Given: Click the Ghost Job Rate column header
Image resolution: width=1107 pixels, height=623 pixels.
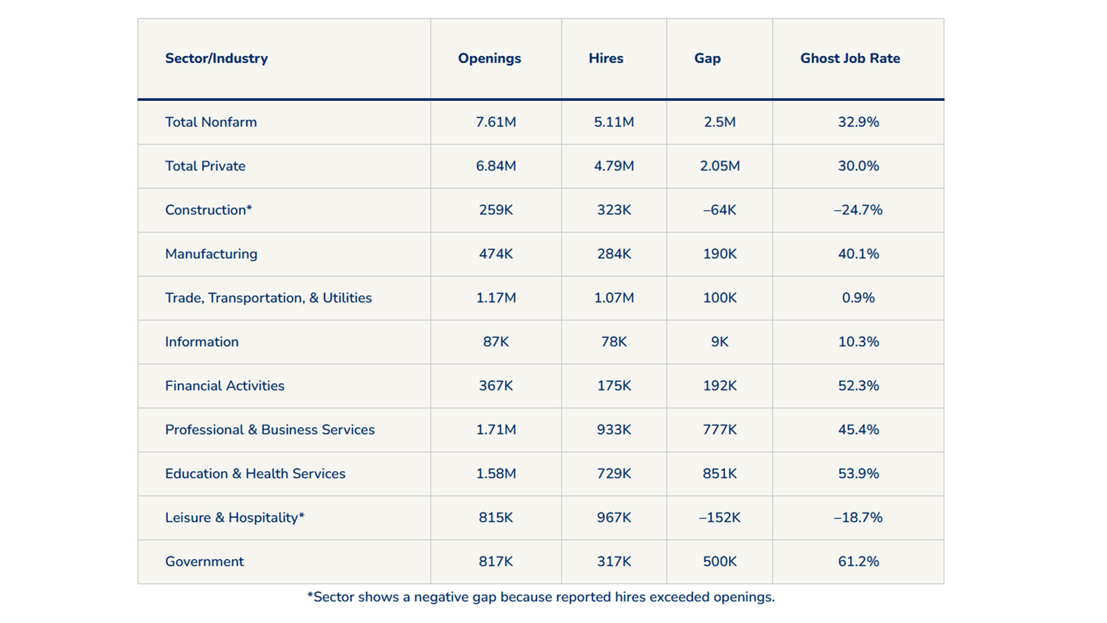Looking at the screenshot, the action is pos(850,58).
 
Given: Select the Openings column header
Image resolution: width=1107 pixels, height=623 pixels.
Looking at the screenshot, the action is pos(489,59).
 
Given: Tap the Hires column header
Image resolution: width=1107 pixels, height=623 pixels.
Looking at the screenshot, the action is pos(606,58).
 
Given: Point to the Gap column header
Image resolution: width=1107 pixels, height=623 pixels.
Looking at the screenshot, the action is pos(708,59).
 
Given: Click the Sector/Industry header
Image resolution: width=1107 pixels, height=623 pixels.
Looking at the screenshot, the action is pos(216,59).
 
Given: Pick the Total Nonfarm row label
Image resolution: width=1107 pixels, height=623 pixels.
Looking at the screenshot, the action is pos(211,122).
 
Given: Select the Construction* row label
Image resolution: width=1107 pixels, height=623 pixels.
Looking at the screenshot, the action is pos(208,210).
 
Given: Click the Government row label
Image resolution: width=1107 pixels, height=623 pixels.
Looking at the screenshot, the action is pos(204,562).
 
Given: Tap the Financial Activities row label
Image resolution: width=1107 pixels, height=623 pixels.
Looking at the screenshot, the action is pos(225,386).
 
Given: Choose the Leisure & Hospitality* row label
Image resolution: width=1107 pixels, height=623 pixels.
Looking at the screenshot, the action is pos(235,518).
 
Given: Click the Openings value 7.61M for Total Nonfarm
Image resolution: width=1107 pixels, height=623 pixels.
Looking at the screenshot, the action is pos(496,122).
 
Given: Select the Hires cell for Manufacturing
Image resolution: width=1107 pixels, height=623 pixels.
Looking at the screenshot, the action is pos(614,254).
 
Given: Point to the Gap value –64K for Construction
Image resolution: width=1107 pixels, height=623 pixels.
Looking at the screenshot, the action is pos(720,210).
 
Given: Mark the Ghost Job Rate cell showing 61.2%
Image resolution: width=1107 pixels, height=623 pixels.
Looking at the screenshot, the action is pos(858,562).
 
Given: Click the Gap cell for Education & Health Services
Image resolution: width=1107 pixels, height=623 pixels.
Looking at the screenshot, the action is pos(720,473).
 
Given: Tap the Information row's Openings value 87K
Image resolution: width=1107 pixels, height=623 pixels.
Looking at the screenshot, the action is pos(496,342).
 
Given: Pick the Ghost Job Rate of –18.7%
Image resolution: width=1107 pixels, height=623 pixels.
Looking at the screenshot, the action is pos(858,518).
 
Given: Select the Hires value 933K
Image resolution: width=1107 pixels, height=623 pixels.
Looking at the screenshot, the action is pos(614,430).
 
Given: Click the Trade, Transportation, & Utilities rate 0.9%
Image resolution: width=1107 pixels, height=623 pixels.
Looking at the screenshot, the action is pos(858,298).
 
